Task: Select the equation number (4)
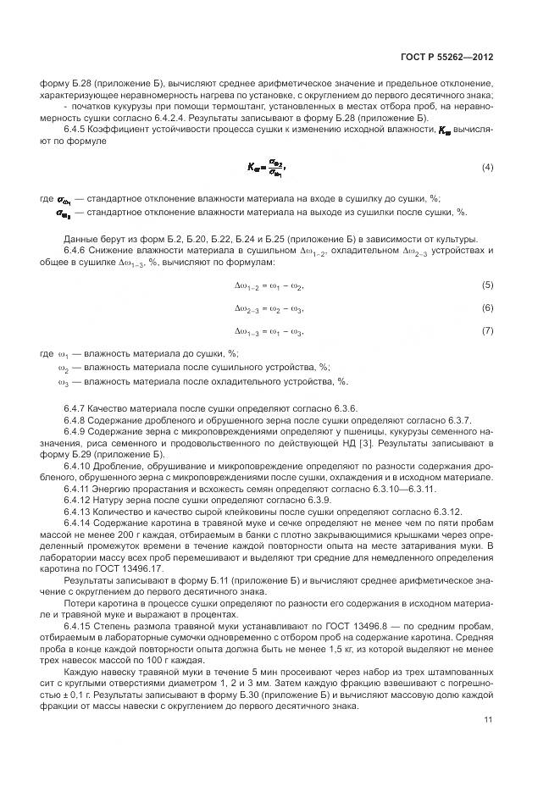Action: (487, 168)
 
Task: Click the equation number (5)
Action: (487, 285)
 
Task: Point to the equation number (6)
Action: (487, 307)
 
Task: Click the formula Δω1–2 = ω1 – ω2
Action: (268, 286)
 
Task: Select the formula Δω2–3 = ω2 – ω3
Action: (268, 308)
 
